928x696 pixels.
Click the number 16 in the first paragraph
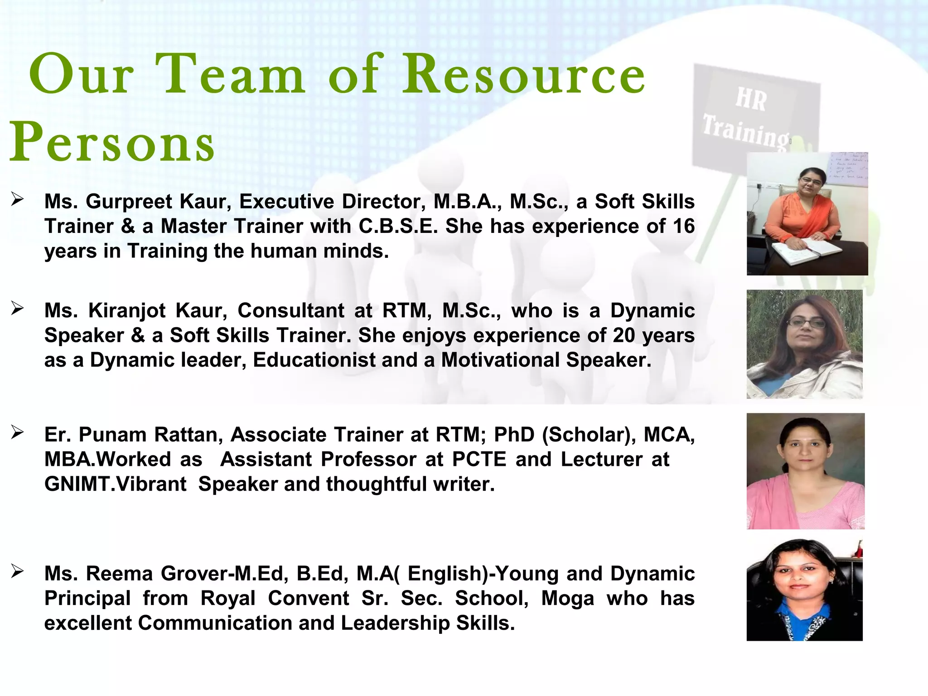point(683,226)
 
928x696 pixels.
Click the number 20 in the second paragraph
point(624,336)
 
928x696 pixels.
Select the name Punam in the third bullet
point(113,435)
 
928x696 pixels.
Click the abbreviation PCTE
point(479,459)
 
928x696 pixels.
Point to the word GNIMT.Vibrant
point(115,484)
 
